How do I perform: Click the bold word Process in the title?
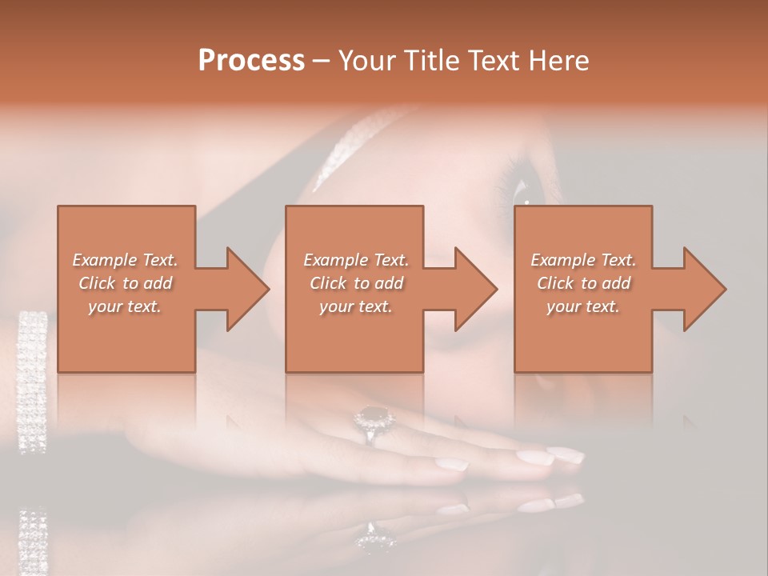pos(251,61)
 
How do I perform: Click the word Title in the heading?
pos(423,61)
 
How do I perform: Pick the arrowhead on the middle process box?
pos(474,289)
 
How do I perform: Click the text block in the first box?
pos(126,283)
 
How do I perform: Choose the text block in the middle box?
pos(356,283)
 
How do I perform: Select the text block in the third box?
pos(583,283)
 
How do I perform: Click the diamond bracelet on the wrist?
pos(32,380)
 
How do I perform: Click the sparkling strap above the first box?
pos(344,148)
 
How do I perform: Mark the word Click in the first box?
pos(96,283)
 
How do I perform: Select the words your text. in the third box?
pos(583,306)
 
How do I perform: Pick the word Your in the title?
pos(367,61)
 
